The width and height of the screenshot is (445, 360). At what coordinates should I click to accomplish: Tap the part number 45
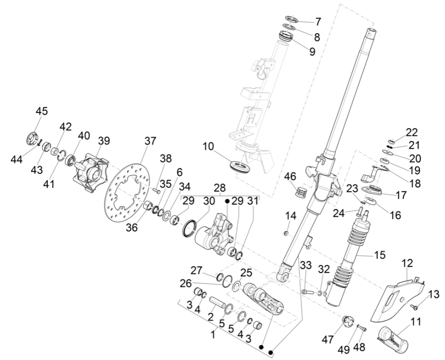41,111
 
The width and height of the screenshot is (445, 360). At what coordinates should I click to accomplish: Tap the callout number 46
290,177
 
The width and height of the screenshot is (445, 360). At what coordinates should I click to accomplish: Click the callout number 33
306,265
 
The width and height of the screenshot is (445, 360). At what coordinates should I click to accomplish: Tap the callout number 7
317,21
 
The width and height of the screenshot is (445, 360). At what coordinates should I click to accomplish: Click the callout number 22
411,133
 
